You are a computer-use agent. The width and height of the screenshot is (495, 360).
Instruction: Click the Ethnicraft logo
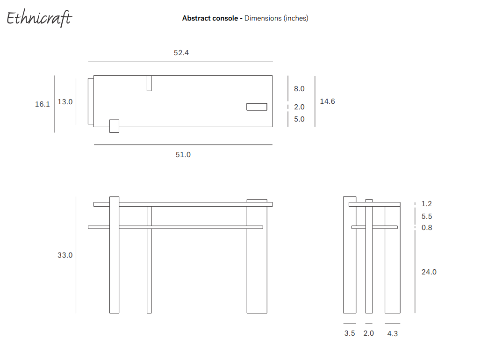pos(39,18)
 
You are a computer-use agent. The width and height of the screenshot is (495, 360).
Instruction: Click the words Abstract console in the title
pos(210,18)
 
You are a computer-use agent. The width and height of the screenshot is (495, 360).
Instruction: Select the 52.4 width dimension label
pos(181,53)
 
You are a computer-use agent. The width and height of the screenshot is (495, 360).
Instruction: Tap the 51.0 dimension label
pos(183,154)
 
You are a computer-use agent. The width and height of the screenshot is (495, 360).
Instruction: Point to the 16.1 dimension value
pos(43,104)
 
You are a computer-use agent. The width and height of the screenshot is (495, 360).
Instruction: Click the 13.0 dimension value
pos(65,101)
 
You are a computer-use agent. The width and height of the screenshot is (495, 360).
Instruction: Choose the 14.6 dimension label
pos(327,101)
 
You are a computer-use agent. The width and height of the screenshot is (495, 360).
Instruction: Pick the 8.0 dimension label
pos(299,89)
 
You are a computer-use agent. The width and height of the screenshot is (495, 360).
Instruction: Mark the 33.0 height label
pos(65,255)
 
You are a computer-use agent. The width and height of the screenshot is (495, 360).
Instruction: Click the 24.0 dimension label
pos(429,272)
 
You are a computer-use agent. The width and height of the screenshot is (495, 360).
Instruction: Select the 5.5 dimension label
pos(427,216)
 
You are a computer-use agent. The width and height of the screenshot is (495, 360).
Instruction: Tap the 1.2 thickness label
pos(427,204)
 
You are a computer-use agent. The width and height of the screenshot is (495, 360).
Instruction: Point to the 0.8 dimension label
pos(427,228)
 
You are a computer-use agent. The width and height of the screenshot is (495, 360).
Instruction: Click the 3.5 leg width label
pos(350,333)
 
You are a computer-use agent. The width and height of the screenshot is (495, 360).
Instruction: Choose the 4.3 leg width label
pos(393,333)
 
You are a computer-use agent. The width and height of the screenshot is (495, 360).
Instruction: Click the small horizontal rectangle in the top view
pos(257,107)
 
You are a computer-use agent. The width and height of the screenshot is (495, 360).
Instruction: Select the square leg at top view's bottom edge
pos(114,126)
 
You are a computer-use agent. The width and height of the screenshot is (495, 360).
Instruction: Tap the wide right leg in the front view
pos(257,262)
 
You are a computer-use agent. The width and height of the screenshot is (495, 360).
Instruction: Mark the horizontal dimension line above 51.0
pos(183,145)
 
